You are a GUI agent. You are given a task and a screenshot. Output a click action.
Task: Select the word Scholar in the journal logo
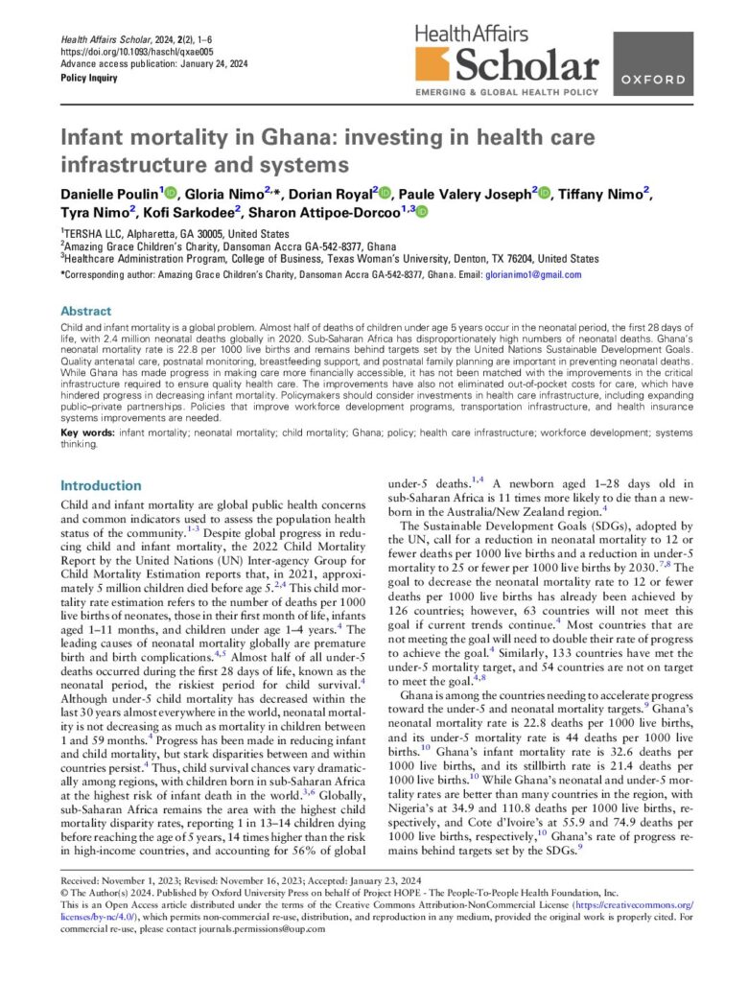527,67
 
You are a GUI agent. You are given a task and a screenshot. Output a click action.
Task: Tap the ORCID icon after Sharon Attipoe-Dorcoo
421,212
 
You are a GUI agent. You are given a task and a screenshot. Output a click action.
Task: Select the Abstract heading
85,312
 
